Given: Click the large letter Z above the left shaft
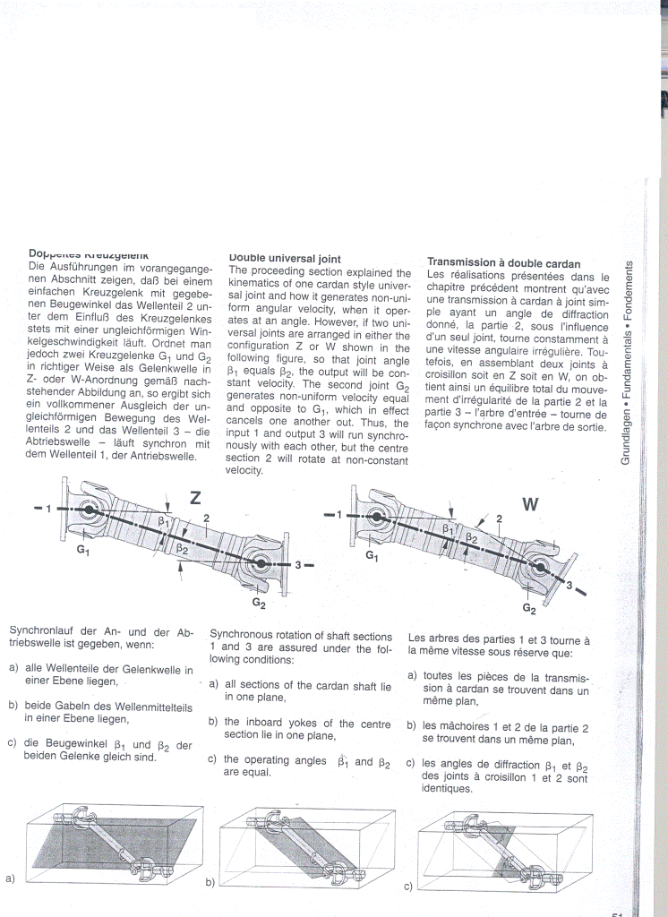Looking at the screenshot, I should (196, 498).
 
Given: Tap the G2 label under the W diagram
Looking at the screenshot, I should (529, 610).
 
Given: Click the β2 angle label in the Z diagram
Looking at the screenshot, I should (182, 548).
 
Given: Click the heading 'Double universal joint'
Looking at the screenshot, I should (285, 259).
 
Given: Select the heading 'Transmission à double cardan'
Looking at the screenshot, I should (504, 263).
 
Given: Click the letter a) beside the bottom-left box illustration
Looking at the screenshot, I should (10, 878).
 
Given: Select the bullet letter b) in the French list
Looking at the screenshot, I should (412, 726).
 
